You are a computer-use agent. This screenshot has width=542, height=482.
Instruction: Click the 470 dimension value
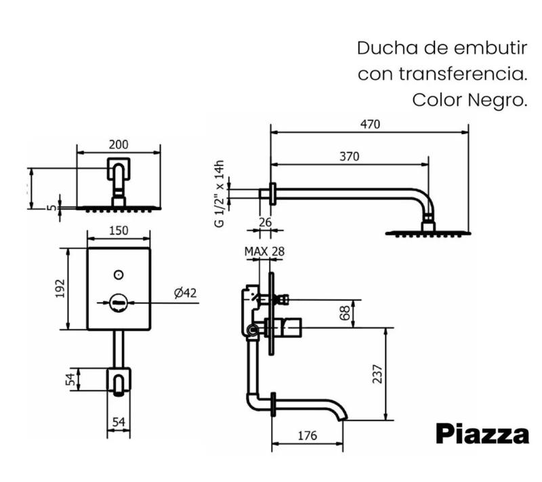pos(370,124)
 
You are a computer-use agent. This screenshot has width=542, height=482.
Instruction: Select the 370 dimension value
pos(349,157)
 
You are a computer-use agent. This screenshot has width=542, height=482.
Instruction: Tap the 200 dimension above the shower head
pos(119,144)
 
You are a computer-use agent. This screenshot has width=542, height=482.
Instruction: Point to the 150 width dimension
pos(119,230)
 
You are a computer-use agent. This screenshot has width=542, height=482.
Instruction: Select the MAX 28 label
pos(264,252)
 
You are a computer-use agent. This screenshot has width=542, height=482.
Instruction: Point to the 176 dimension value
pos(307,436)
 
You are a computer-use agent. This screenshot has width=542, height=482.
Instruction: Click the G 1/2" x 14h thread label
pos(219,194)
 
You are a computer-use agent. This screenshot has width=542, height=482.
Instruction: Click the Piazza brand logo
pos(482,434)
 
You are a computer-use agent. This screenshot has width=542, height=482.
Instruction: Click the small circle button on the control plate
pos(119,275)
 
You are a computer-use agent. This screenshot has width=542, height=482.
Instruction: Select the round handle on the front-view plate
pos(119,302)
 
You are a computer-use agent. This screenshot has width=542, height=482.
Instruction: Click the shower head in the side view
pos(428,233)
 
